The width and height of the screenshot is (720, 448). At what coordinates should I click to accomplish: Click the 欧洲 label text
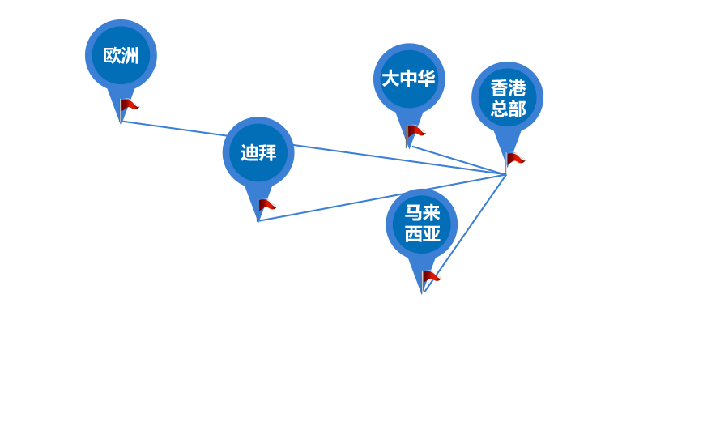click(121, 56)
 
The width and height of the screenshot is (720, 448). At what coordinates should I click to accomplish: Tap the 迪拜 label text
click(258, 153)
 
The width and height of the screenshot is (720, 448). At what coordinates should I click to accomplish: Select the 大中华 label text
click(409, 79)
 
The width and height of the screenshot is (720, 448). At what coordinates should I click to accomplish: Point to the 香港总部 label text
click(508, 98)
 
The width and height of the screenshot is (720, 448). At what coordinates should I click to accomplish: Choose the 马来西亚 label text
click(422, 224)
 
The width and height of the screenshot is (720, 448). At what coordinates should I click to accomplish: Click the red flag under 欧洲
click(129, 105)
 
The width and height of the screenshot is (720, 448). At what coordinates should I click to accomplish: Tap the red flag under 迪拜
click(266, 205)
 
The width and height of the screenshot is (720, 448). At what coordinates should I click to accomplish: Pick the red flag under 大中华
click(415, 130)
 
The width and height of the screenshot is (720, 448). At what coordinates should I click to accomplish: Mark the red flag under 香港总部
click(515, 158)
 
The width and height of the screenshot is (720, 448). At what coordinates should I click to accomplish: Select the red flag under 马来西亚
click(432, 276)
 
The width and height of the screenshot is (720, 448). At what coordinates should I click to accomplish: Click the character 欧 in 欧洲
click(112, 56)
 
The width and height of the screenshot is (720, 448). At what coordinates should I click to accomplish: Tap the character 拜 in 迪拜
click(267, 153)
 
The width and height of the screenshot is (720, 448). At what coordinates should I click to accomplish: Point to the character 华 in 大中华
click(427, 79)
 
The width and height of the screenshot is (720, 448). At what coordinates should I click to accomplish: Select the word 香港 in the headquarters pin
click(508, 88)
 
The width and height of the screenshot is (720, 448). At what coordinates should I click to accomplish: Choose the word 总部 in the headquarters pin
click(508, 109)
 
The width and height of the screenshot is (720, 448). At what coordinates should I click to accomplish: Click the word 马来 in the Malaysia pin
click(422, 213)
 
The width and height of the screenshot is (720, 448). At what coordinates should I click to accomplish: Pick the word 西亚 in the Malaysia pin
click(422, 234)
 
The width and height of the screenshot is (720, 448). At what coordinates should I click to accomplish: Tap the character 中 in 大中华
click(409, 79)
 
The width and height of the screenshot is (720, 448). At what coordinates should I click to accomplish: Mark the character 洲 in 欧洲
click(130, 56)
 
